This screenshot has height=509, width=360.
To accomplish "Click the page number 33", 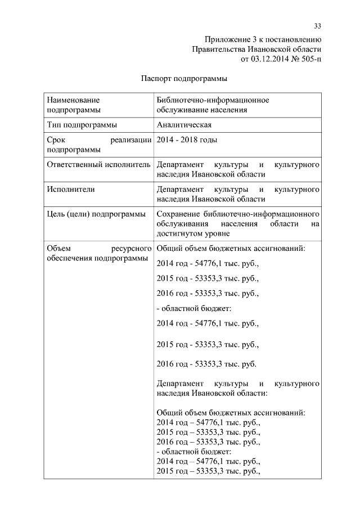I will click(317, 26).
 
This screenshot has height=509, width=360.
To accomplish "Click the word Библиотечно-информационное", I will click(213, 100).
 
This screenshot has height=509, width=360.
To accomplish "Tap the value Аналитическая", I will click(184, 125).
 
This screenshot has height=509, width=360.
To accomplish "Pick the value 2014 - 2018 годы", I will click(187, 139).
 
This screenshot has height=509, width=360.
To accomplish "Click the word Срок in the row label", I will click(57, 139).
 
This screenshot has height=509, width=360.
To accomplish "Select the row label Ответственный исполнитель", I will click(98, 165).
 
